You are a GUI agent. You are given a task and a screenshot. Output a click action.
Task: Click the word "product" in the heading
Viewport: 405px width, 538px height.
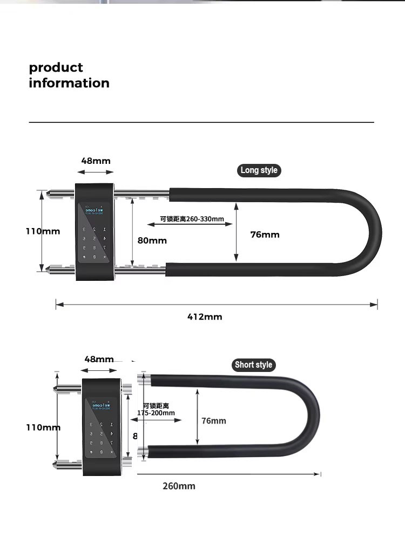[x=56, y=68]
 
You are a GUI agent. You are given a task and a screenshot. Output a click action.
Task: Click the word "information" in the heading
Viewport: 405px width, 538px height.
[x=69, y=83]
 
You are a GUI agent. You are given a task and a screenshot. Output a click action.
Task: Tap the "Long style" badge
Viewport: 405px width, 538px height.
[x=259, y=170]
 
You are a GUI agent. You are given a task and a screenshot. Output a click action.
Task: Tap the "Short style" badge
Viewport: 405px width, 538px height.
[x=253, y=365]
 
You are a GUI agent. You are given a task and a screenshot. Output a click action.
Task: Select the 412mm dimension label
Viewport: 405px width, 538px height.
[x=205, y=316]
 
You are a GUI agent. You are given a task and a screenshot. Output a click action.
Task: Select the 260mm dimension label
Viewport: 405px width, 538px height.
[x=179, y=486]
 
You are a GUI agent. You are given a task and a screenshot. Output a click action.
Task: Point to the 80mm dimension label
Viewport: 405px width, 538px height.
[x=152, y=240]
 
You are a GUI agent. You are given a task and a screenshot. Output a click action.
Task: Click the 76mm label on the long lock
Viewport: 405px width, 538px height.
[x=265, y=234]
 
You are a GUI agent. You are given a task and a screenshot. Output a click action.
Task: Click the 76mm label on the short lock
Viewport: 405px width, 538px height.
[x=214, y=420]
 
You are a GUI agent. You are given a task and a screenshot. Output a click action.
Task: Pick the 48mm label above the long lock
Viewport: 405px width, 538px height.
[x=96, y=161]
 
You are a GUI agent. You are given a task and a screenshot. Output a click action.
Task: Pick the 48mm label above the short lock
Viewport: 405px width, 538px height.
[x=99, y=359]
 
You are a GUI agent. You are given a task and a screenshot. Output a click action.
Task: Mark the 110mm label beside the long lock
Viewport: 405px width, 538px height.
[x=43, y=231]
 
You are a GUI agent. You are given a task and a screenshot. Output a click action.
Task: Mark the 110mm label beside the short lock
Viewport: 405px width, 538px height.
[x=43, y=427]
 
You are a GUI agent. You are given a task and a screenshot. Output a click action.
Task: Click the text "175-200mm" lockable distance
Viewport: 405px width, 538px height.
[x=156, y=413]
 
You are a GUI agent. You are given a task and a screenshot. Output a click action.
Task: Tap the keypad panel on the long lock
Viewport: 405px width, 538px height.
[x=96, y=233]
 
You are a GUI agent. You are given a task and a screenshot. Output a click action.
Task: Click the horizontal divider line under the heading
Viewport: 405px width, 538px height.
[x=201, y=122]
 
